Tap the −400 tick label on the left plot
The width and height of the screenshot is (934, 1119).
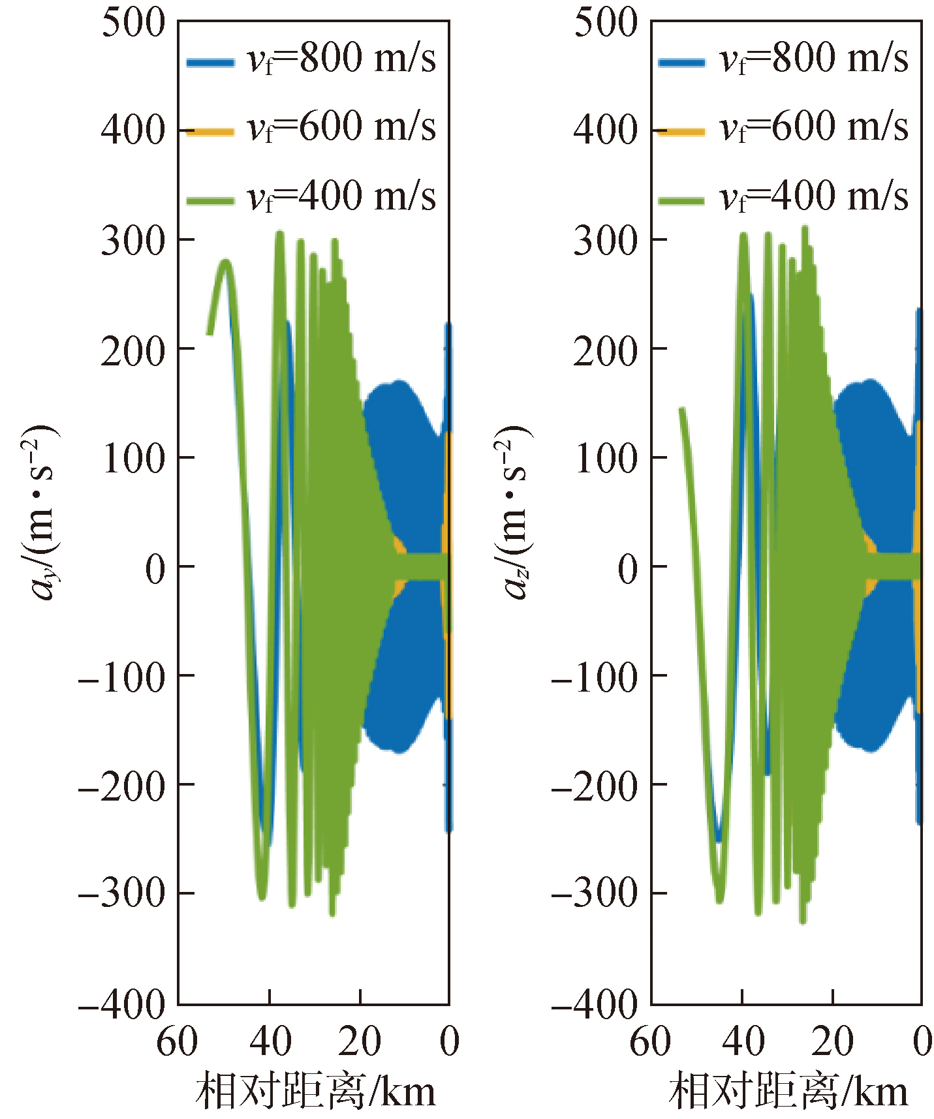point(122,1004)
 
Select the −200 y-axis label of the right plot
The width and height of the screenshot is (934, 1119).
point(595,786)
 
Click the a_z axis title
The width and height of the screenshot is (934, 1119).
point(516,512)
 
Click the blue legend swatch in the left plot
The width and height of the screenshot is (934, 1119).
point(210,63)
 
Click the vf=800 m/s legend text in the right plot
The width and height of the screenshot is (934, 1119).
point(813,59)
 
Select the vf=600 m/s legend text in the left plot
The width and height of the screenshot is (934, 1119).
point(341,127)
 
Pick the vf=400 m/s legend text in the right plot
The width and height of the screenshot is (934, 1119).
point(813,196)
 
